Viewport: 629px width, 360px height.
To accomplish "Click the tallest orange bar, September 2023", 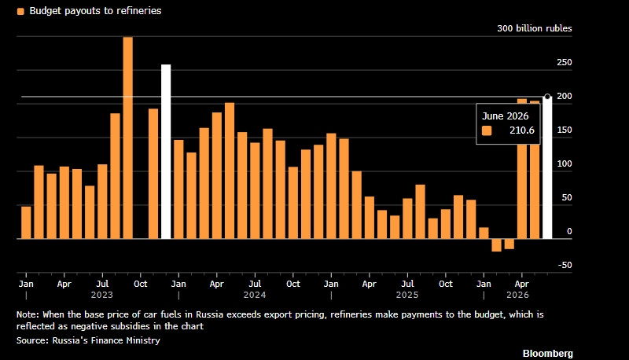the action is click(x=127, y=138).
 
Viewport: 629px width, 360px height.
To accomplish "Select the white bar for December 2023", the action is click(x=166, y=152).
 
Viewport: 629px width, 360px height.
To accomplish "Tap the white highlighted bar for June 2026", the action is click(x=547, y=168).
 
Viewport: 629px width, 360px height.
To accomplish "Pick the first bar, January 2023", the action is click(x=26, y=222).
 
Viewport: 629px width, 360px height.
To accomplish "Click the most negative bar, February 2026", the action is click(x=496, y=245).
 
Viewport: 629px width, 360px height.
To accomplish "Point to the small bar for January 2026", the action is click(x=484, y=233).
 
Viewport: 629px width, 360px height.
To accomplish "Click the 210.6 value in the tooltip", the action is click(x=522, y=130).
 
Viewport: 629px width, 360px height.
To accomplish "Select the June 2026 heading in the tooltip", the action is click(x=505, y=116).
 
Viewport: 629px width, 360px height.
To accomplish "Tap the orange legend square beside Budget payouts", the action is click(x=20, y=11).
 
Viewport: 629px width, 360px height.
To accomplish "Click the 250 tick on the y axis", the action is click(x=564, y=63).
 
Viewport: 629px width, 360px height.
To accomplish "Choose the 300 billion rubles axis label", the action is click(x=535, y=28).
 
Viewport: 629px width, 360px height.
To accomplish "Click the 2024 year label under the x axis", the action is click(x=255, y=295).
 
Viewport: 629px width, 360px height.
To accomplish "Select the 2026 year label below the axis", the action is click(x=517, y=295).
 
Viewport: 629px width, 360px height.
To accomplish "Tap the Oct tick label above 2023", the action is click(x=141, y=284).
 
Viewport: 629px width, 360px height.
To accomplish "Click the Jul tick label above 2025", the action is click(x=407, y=284).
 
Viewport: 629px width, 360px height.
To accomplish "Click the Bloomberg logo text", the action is click(x=547, y=354).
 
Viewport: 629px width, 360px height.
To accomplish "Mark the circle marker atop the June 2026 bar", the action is click(x=547, y=97).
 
